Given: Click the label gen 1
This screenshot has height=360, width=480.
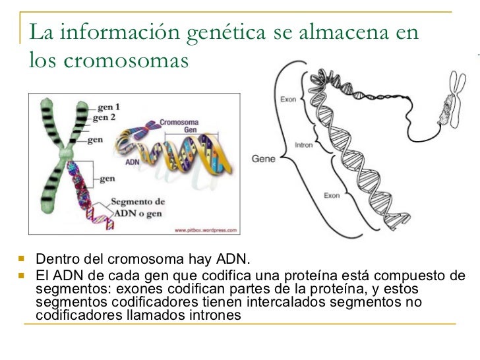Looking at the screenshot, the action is click(x=109, y=106).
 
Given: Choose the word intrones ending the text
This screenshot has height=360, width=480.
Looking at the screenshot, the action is click(x=212, y=316).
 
